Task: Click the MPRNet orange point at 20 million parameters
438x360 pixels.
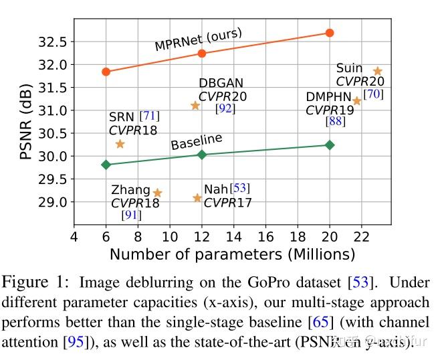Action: coord(329,33)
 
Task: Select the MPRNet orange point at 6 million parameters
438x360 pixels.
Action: coord(106,72)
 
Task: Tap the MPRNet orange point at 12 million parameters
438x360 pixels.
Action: coord(202,53)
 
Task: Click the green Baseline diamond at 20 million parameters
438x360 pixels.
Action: coord(329,145)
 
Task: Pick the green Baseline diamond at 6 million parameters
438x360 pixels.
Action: coord(106,165)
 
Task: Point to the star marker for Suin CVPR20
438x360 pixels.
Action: coord(377,71)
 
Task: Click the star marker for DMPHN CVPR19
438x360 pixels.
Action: coord(357,101)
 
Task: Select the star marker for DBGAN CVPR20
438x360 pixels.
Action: coord(195,106)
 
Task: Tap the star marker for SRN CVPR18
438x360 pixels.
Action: coord(120,144)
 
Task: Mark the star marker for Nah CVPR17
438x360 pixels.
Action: coord(197,198)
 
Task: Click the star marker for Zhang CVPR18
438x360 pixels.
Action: coord(157,193)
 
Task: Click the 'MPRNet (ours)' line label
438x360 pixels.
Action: coord(198,39)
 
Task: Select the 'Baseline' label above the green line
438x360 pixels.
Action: coord(196,143)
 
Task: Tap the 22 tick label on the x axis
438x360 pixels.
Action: coord(361,238)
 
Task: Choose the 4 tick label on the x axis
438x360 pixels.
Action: coord(74,238)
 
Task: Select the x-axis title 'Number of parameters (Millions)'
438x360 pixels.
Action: coord(232,255)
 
